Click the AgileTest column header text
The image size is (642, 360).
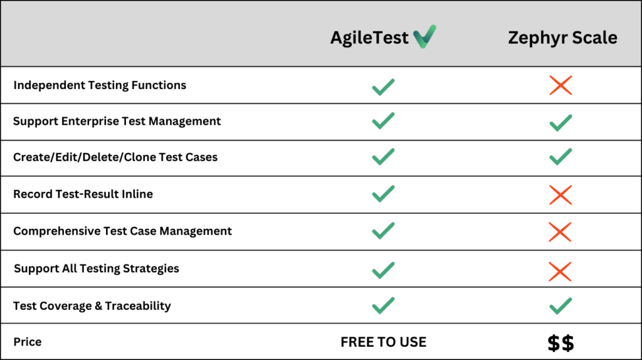click(x=369, y=38)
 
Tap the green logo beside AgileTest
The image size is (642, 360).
click(x=424, y=36)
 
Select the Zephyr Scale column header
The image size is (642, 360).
click(x=562, y=38)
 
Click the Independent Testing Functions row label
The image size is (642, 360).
click(x=100, y=85)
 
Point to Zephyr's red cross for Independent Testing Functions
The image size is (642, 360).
click(x=560, y=85)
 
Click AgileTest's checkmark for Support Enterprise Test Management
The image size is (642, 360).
click(x=383, y=121)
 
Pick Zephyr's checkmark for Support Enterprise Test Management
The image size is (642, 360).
click(x=560, y=122)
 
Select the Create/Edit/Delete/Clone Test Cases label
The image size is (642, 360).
click(x=115, y=157)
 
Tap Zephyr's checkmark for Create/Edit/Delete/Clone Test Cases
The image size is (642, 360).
click(x=560, y=157)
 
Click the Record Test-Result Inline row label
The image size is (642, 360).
click(x=83, y=194)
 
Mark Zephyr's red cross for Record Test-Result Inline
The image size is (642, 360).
click(x=560, y=194)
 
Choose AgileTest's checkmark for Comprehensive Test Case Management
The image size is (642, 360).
click(x=383, y=231)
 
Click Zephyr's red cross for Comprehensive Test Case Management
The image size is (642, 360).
click(x=560, y=231)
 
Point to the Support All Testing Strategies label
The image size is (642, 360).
click(x=97, y=268)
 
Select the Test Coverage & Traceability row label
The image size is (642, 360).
click(x=92, y=306)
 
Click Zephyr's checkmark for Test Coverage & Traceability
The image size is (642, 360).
click(x=560, y=306)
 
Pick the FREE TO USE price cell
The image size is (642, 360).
click(x=383, y=342)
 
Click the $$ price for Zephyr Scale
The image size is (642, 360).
click(x=560, y=343)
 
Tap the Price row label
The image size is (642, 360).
click(x=28, y=342)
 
